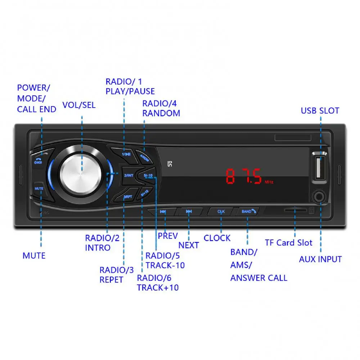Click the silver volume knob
81,172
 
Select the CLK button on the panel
221,212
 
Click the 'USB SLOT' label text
320,111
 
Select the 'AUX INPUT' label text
320,259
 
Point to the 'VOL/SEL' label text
79,105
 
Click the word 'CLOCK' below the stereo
217,238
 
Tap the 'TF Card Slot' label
289,243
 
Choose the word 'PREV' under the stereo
168,236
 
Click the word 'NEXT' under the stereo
189,245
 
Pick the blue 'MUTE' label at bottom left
34,256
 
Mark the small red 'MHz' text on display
269,182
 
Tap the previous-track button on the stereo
163,212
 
